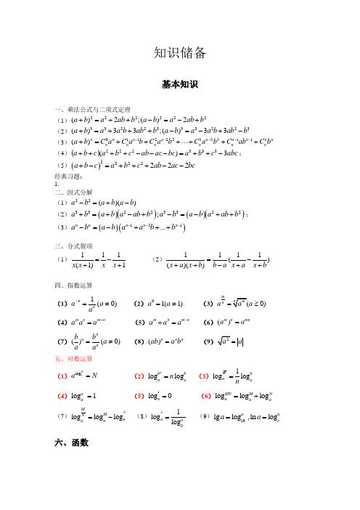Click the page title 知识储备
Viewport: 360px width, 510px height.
coord(180,52)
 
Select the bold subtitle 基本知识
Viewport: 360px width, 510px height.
coord(180,84)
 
